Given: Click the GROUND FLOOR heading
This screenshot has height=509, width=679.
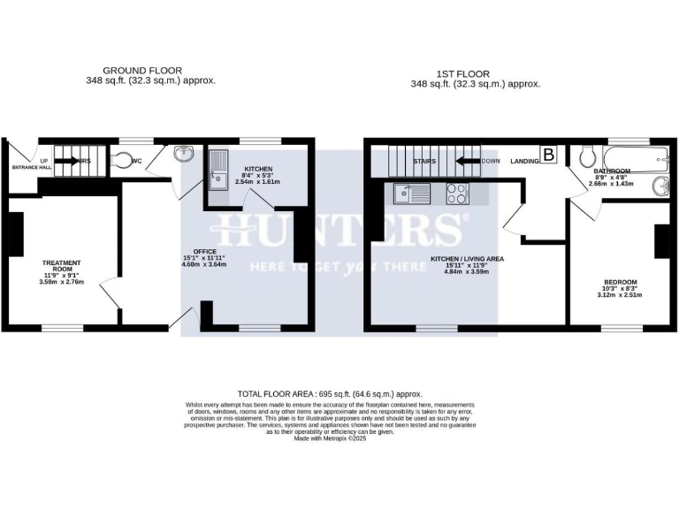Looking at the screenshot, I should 142,70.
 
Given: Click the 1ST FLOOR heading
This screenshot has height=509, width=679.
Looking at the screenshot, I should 462,73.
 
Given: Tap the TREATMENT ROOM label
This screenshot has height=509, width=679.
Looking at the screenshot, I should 62,266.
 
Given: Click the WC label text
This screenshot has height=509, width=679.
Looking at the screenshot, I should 137,162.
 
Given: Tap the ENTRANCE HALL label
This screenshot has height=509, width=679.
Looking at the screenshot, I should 33,166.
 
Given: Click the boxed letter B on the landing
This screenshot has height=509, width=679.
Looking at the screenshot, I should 548,156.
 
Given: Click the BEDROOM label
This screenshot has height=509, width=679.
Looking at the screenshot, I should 620,282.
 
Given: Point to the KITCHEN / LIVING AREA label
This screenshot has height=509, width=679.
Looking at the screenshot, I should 466,259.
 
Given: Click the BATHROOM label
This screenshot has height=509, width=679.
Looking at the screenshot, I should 612,171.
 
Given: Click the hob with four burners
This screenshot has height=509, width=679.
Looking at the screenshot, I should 457,193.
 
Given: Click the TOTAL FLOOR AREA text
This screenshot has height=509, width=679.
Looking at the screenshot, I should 330,393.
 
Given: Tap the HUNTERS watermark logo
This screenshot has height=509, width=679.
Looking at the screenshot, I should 340,232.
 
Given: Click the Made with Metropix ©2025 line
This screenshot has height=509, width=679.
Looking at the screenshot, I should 330,437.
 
